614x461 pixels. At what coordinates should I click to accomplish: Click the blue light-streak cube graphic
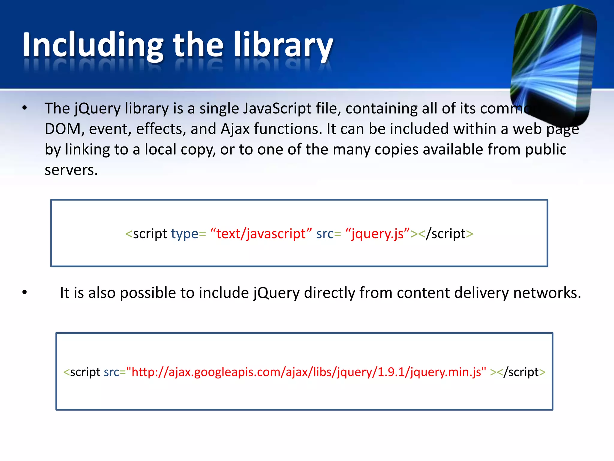point(553,65)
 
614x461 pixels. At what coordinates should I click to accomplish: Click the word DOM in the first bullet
point(63,129)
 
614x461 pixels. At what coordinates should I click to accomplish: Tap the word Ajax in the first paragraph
point(235,129)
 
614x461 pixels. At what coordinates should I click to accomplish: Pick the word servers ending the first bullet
point(71,170)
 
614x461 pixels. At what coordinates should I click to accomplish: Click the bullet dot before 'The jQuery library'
point(25,108)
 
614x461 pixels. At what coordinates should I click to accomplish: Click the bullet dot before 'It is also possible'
point(25,292)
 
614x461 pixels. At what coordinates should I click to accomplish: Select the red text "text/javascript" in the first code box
point(261,234)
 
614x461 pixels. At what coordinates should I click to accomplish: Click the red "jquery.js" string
point(377,234)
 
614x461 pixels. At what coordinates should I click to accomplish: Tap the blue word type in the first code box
point(185,234)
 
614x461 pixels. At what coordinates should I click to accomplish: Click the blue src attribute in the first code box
point(325,234)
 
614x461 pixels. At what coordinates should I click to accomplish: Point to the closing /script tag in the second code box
point(521,372)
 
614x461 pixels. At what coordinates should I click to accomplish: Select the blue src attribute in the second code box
point(112,372)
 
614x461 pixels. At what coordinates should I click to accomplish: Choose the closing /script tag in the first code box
point(446,234)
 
